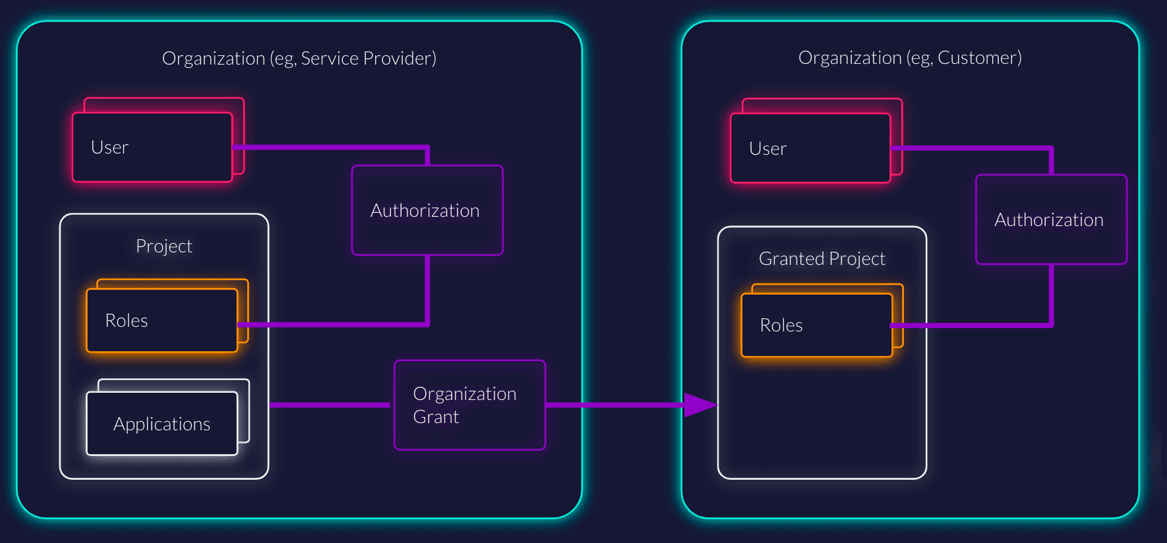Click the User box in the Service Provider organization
(152, 147)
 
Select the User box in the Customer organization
(810, 148)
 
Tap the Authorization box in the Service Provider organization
(427, 210)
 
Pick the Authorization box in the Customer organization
(1051, 219)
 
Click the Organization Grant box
(469, 405)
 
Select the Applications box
(162, 424)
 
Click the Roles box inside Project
(162, 320)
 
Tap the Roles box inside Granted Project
(816, 325)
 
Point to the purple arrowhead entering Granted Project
(699, 405)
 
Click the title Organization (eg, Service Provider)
(299, 59)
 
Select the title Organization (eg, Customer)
(910, 58)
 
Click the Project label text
(164, 246)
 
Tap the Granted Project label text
(822, 258)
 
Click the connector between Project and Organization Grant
(330, 405)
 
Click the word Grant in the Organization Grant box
(436, 417)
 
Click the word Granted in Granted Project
(787, 258)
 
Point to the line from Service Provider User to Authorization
(330, 147)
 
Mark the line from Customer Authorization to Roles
(1051, 297)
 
